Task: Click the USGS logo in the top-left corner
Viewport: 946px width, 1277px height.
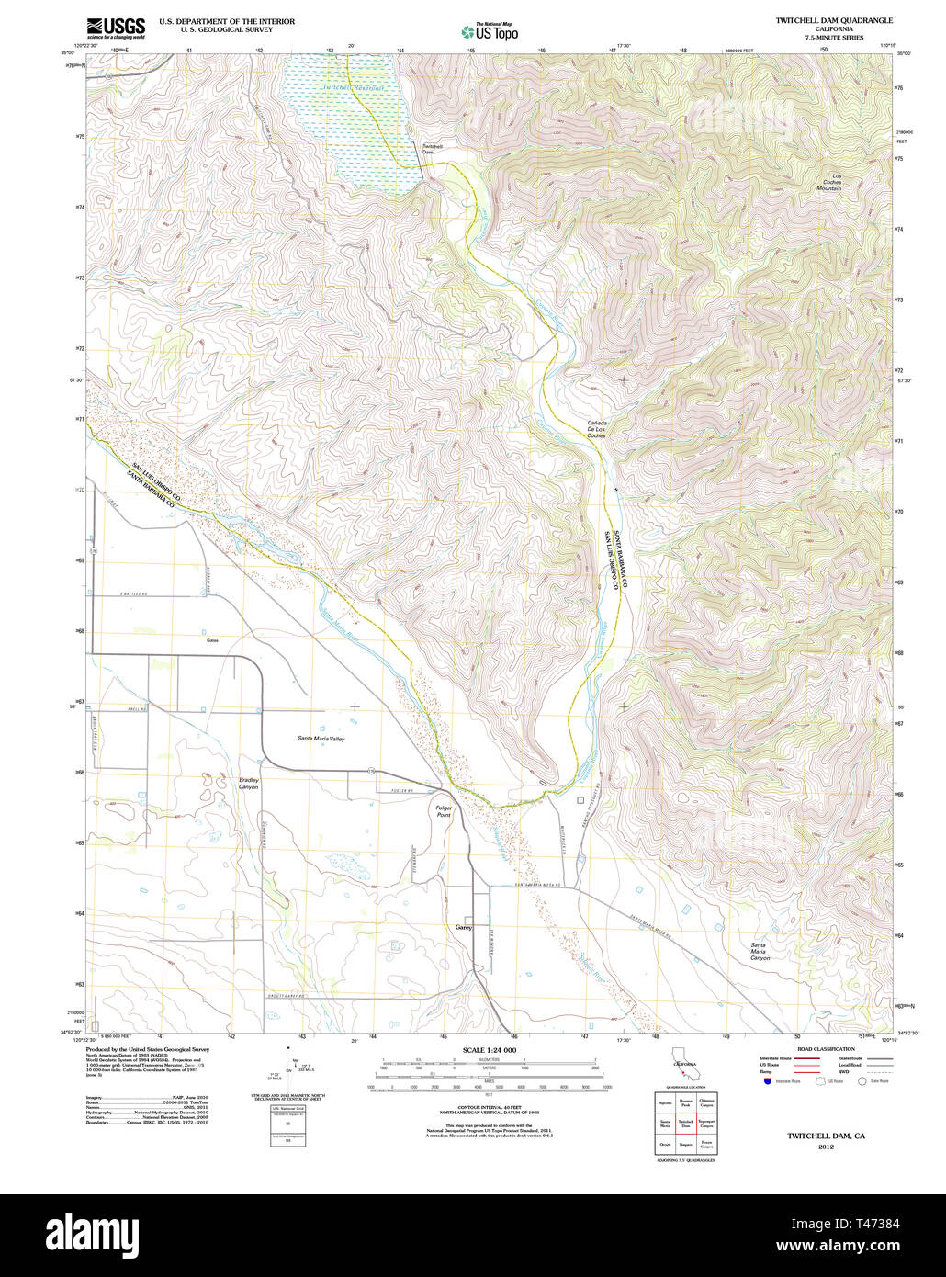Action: pyautogui.click(x=116, y=28)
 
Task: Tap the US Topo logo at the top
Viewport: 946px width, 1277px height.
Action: pyautogui.click(x=490, y=31)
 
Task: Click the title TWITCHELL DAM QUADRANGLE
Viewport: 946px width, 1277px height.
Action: pyautogui.click(x=833, y=20)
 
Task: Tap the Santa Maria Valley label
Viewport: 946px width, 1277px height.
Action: pyautogui.click(x=321, y=739)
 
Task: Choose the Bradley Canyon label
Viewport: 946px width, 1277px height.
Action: pyautogui.click(x=249, y=784)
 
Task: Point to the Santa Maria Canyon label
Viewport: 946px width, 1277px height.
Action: pyautogui.click(x=759, y=952)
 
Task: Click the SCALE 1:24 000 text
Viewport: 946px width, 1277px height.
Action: pyautogui.click(x=490, y=1050)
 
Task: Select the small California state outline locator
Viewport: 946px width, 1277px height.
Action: pyautogui.click(x=683, y=1057)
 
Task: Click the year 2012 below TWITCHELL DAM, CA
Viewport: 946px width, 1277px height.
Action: pyautogui.click(x=826, y=1147)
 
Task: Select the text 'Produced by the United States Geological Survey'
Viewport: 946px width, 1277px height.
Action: pyautogui.click(x=148, y=1048)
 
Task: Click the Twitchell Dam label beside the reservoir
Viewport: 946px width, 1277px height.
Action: pyautogui.click(x=433, y=149)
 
